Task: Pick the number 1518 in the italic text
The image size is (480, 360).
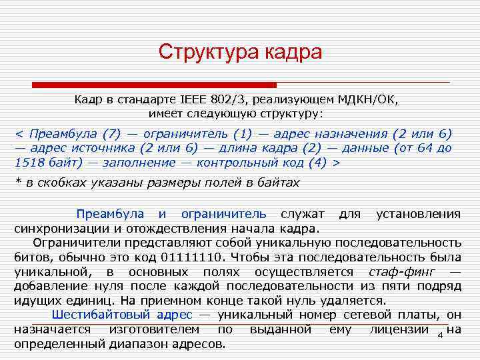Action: (28, 162)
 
